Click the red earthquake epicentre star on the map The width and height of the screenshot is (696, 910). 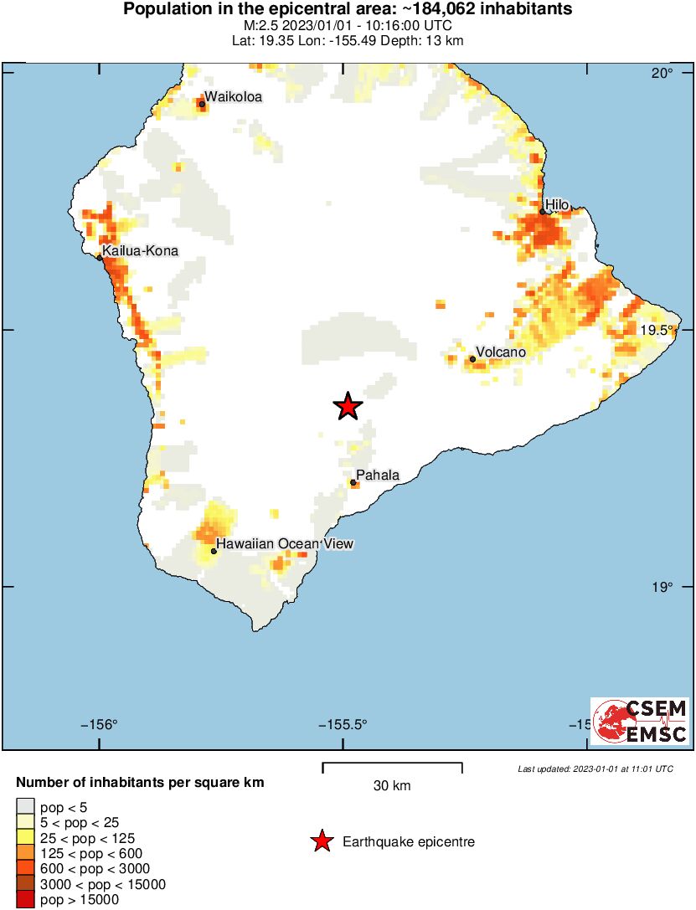coord(348,406)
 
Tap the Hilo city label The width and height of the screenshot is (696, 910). coord(557,204)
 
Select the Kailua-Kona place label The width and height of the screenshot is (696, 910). coord(140,250)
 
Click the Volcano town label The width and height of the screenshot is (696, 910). coord(500,352)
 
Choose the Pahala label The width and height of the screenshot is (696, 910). coord(378,476)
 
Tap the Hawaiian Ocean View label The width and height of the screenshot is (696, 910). coord(285,544)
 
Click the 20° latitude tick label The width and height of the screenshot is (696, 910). coord(662,74)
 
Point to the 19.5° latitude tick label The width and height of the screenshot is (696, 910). coord(657,330)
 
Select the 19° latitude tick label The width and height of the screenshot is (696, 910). coord(662,587)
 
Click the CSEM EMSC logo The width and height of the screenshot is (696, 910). coord(640,721)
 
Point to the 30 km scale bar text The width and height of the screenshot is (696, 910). coord(392,785)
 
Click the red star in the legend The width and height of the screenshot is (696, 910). coord(322,841)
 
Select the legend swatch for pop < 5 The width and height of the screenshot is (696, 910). coord(25,807)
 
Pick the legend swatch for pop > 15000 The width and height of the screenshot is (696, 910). coord(25,899)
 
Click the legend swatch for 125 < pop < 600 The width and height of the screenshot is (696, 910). coord(25,853)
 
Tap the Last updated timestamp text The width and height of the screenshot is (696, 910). coord(595,769)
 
